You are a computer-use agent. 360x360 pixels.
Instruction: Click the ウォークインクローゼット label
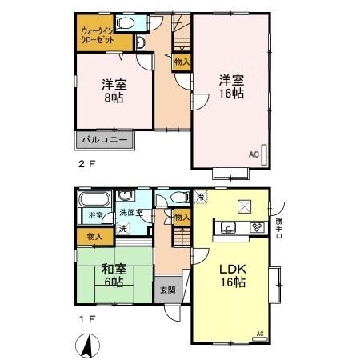pos(97,35)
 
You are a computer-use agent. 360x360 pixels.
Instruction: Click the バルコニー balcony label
pos(105,141)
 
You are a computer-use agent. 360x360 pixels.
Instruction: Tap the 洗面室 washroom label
pos(130,213)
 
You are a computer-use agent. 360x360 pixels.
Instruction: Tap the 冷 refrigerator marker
pos(201,197)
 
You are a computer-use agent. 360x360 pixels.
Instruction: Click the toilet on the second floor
pos(139,42)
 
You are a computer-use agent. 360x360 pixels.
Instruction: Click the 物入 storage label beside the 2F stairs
pos(182,62)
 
